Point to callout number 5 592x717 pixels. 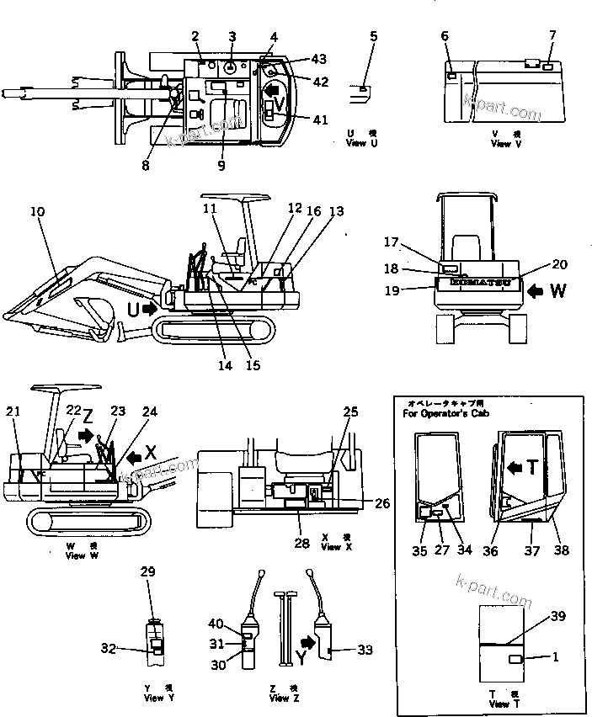(373, 36)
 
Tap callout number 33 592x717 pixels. (365, 650)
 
